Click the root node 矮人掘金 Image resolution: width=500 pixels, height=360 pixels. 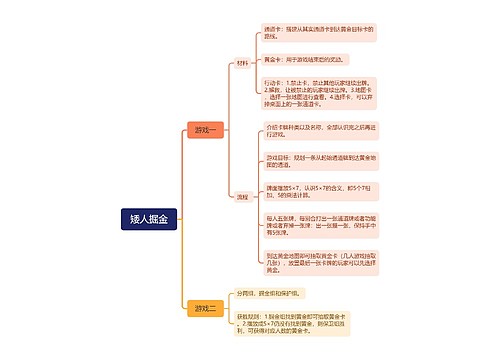pos(149,217)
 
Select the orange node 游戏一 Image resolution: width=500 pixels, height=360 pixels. pos(206,130)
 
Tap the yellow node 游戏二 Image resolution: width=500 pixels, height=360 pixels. pos(206,308)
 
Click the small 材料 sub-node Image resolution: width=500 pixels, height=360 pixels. pos(243,63)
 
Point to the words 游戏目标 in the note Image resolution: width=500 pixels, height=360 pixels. pos(277,157)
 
